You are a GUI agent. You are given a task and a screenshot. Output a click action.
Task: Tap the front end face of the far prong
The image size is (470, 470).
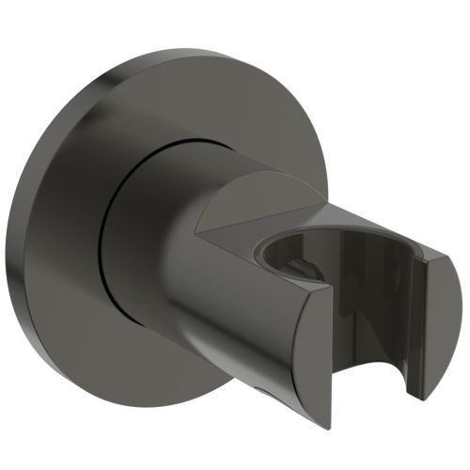436,329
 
